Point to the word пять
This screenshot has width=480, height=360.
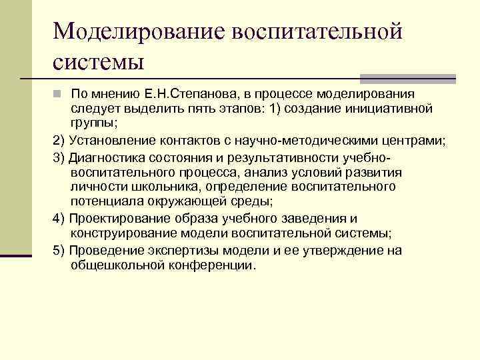click(209, 108)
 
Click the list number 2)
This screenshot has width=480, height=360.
click(59, 141)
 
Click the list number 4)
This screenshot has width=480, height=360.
click(59, 218)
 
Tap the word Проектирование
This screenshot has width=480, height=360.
click(116, 218)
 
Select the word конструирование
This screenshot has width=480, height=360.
click(122, 233)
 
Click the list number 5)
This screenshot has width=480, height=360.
click(59, 250)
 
